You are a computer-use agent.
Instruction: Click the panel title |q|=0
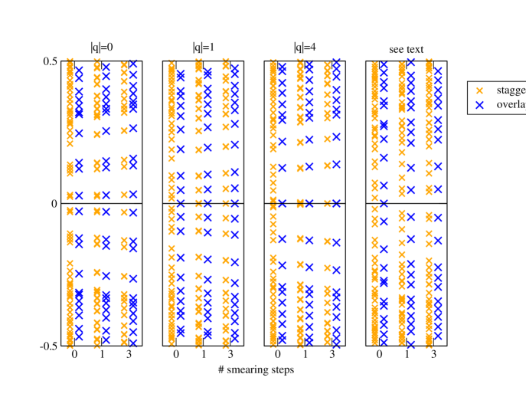coord(101,48)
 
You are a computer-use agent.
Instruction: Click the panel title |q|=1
coord(203,48)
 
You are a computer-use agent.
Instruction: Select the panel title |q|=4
coord(305,48)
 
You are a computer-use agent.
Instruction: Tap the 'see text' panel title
coord(406,50)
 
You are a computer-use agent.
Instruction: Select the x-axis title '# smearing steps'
coord(255,370)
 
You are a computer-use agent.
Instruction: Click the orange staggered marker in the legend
coord(480,90)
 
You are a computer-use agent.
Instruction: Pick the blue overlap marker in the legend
coord(480,105)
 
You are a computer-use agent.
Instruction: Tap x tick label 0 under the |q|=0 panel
coord(74,356)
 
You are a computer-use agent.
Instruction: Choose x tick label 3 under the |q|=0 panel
coord(125,356)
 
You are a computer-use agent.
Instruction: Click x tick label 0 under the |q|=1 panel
coord(176,356)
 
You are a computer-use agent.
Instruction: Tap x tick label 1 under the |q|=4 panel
coord(305,356)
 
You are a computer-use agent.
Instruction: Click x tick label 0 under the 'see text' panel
coord(380,356)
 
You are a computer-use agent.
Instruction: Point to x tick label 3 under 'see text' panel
coord(433,356)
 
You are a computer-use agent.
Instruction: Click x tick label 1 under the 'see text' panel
coord(407,356)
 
